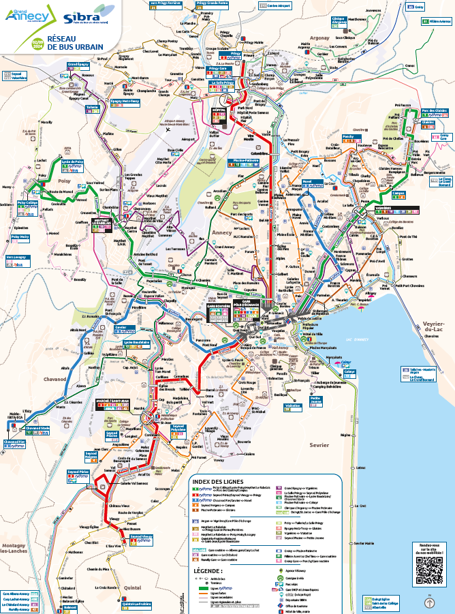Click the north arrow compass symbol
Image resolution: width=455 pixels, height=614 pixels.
tap(429, 602)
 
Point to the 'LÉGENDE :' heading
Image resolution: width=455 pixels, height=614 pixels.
tap(207, 570)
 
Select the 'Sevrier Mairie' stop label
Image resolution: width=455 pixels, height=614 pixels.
tap(367, 543)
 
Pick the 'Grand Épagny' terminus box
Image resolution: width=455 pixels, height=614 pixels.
tap(79, 65)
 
